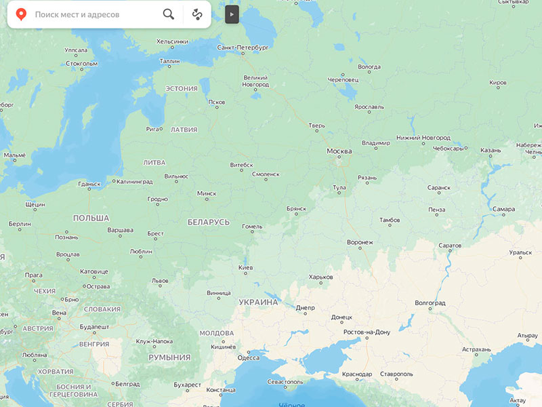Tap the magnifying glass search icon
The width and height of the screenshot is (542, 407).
tap(169, 14)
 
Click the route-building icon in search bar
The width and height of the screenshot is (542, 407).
tap(197, 14)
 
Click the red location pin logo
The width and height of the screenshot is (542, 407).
tap(22, 14)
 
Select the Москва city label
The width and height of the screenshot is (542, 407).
tap(339, 151)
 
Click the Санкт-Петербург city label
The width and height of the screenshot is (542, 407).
tap(243, 48)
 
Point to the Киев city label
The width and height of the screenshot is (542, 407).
tap(246, 267)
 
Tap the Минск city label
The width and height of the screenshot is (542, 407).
tap(207, 193)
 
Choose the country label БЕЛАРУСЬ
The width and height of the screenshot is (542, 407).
tap(209, 222)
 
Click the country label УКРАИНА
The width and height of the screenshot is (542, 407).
tap(258, 302)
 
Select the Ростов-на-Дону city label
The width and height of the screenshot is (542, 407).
tap(367, 332)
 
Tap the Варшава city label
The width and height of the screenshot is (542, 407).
tap(120, 230)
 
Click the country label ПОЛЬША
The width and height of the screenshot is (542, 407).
tap(91, 218)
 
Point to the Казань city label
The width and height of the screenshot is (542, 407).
tap(491, 151)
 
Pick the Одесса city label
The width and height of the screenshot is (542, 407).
tap(248, 358)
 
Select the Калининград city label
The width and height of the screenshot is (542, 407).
tap(134, 182)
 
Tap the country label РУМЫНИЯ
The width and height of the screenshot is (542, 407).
tap(169, 357)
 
